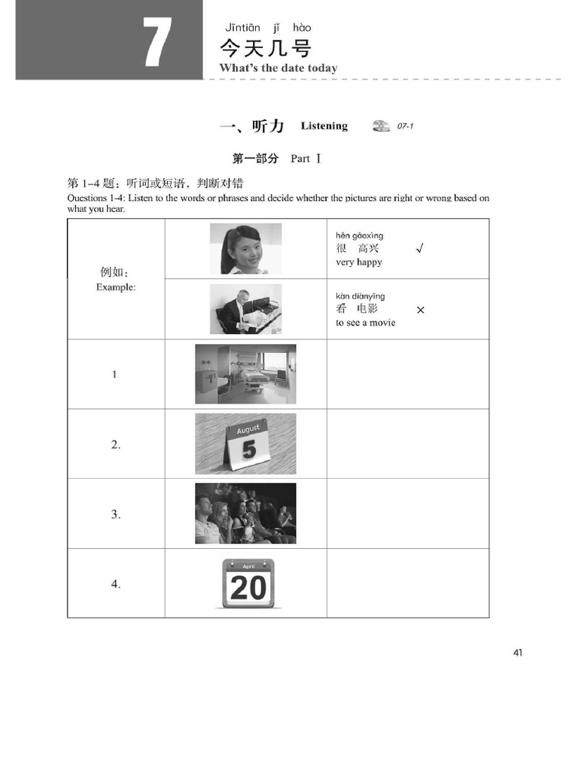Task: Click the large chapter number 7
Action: click(x=157, y=42)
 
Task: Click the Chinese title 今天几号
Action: click(x=265, y=50)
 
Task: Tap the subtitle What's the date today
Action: click(x=278, y=68)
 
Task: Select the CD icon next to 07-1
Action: click(x=381, y=126)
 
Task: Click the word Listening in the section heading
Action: click(x=324, y=126)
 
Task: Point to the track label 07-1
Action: click(x=405, y=126)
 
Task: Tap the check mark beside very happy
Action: click(x=419, y=249)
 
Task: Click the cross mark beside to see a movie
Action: click(x=420, y=310)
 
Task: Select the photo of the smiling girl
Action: click(x=245, y=249)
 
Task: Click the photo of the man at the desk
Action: click(x=245, y=309)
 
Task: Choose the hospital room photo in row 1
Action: click(x=245, y=374)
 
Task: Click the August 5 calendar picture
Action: click(x=245, y=444)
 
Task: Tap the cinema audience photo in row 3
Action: click(x=245, y=514)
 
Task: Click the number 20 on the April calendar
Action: click(x=248, y=587)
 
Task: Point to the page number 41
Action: click(x=518, y=653)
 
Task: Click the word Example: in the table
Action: click(x=116, y=287)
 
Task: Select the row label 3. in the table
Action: click(x=116, y=515)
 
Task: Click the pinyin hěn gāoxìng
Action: click(x=359, y=236)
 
